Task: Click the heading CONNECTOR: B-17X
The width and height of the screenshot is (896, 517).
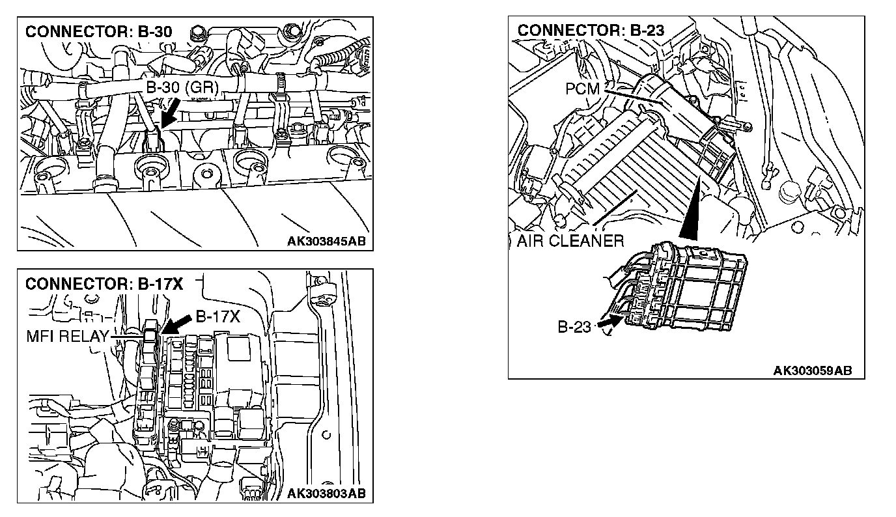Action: point(104,285)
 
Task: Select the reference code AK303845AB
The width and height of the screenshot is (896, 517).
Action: point(326,241)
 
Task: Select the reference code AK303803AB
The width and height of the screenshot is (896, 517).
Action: point(326,493)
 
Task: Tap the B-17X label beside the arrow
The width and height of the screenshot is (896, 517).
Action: point(218,317)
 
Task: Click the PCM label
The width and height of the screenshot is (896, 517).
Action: point(581,89)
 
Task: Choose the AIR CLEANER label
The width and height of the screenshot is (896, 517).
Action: point(570,241)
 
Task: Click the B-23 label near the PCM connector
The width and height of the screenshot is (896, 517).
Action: point(574,327)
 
